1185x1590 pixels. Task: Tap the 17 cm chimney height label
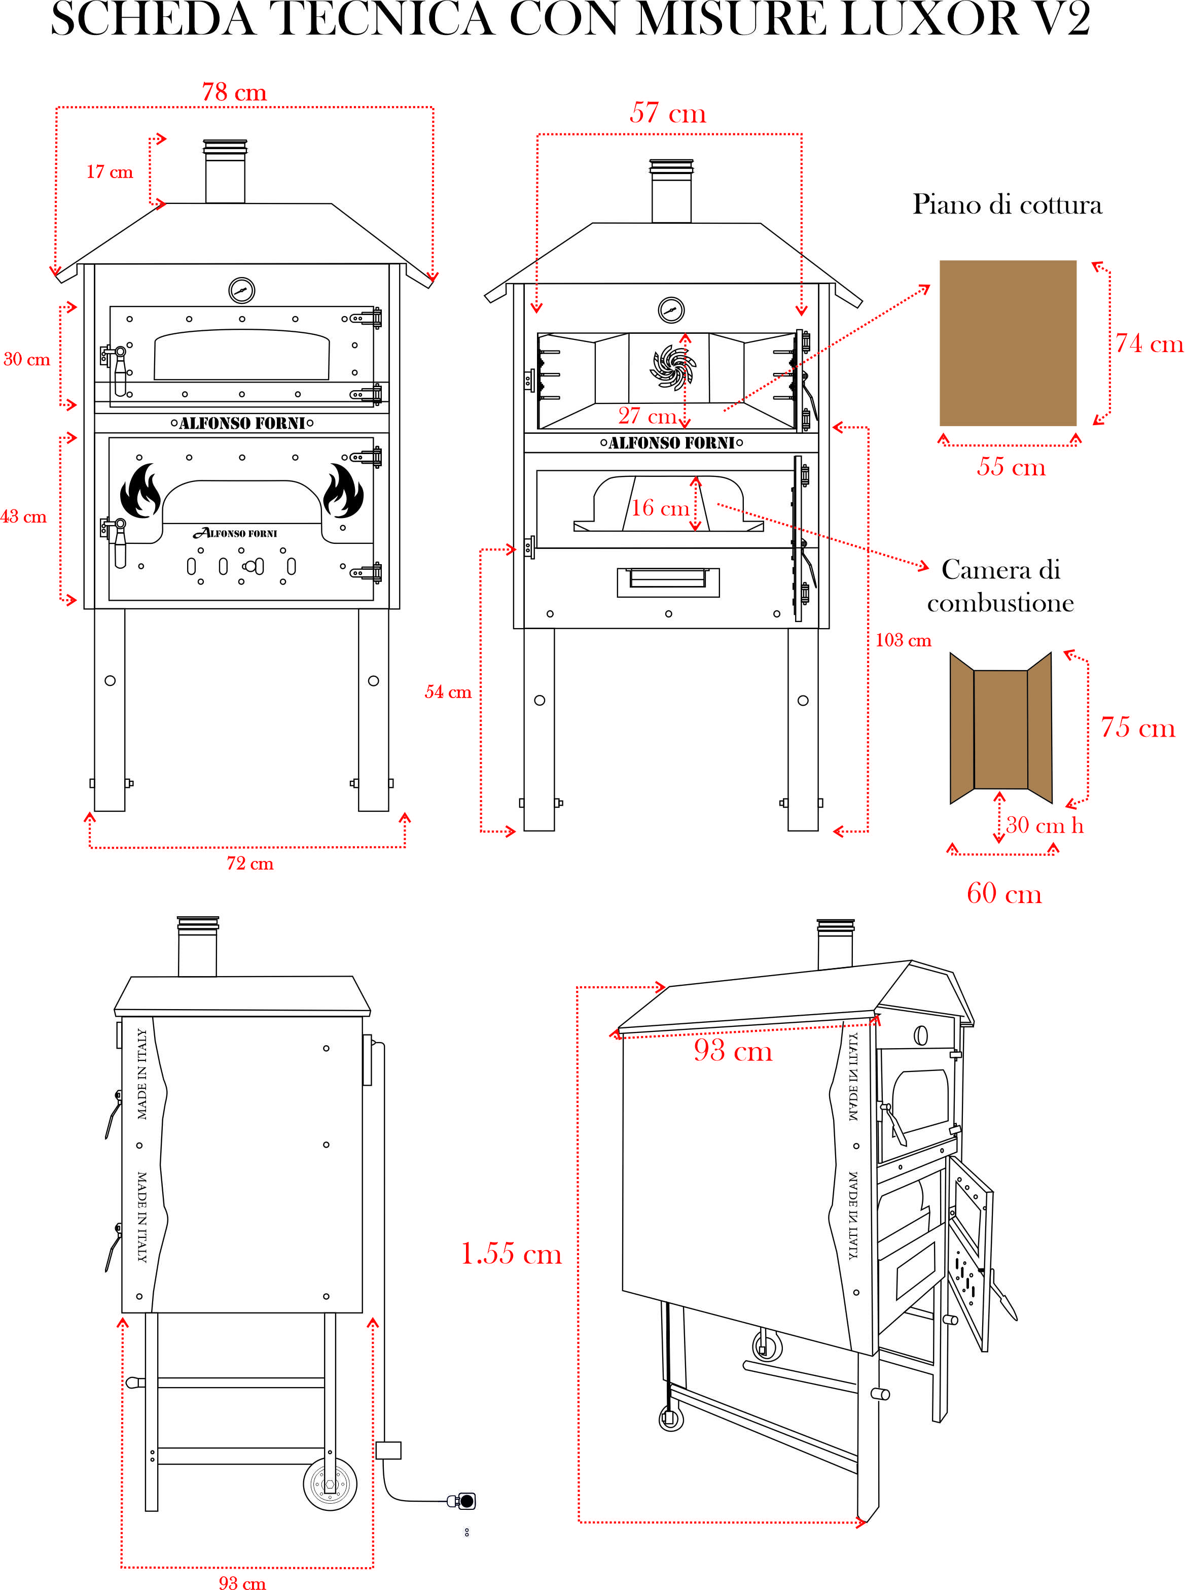pos(110,172)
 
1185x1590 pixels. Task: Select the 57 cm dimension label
pos(667,113)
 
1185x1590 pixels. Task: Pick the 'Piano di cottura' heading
pos(1007,204)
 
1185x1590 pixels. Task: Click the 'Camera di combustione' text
pos(1000,585)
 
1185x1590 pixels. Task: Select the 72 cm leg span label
pos(249,863)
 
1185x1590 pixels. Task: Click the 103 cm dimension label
pos(903,640)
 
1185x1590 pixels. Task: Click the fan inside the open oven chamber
pos(672,367)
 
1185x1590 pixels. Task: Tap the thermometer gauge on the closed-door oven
pos(242,291)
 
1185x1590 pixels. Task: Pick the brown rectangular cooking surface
pos(1007,343)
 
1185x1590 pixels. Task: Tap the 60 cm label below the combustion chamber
pos(1003,893)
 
